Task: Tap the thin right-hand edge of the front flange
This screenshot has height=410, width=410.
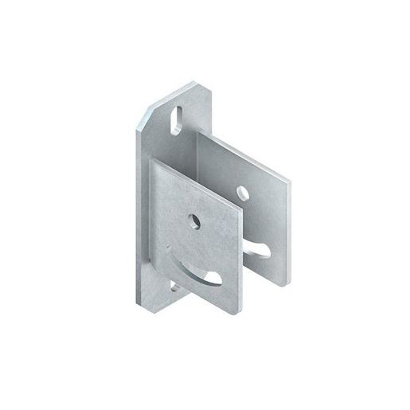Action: [236, 271]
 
